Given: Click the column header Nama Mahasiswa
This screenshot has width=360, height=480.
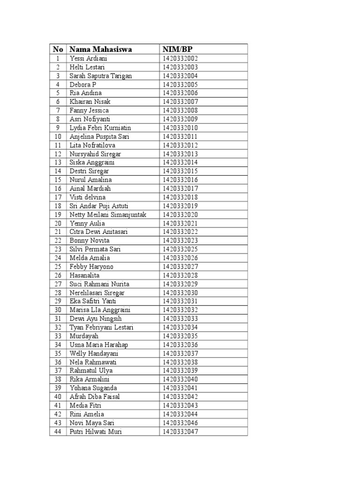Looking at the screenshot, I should (100, 49).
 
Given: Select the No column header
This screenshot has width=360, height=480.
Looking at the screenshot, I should (58, 49).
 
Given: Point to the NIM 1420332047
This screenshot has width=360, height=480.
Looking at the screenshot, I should (181, 432).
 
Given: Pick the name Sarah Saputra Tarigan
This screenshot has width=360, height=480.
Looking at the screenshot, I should (101, 76).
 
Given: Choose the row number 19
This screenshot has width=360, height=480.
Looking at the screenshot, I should (58, 215).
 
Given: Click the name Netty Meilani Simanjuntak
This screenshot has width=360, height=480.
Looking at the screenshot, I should (108, 215).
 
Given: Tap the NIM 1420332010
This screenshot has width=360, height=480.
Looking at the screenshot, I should (181, 128).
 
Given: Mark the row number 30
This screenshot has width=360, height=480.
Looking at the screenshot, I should (58, 310).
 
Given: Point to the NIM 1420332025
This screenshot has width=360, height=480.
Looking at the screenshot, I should (181, 249).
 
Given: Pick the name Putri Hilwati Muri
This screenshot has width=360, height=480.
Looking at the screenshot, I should (96, 432).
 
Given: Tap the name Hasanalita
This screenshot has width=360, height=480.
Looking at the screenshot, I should (84, 275).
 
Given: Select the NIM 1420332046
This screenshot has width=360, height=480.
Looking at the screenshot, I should (181, 423).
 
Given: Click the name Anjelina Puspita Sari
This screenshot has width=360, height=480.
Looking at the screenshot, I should (99, 136).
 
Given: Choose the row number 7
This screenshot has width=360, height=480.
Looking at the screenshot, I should (58, 111).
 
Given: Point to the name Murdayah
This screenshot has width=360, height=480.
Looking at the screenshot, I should (84, 336).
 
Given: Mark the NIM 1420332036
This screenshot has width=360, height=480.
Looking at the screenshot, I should (181, 345).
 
